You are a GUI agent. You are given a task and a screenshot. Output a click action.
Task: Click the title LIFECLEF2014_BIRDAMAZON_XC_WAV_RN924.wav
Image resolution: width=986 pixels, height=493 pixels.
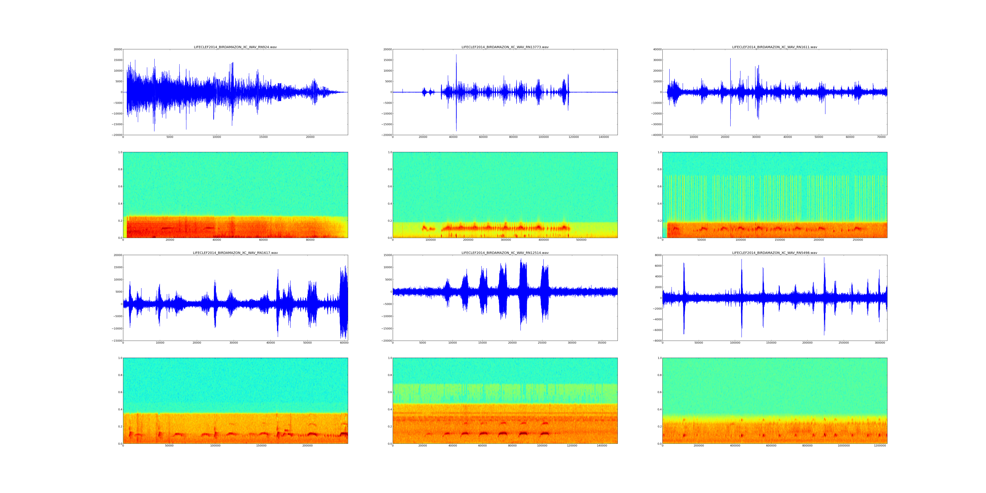235,47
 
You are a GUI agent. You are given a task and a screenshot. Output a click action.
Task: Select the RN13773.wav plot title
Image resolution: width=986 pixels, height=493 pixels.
505,47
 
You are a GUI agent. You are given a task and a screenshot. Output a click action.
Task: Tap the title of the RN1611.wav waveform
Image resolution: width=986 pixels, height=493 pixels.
774,47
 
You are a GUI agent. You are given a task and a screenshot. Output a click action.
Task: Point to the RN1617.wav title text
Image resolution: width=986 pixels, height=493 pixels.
235,253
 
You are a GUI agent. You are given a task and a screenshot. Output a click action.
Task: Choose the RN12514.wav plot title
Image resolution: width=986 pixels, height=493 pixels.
505,253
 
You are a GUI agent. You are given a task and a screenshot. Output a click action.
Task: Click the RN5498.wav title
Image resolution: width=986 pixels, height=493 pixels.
774,253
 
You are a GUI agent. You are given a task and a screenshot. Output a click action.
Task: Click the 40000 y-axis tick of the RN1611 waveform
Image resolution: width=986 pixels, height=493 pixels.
657,49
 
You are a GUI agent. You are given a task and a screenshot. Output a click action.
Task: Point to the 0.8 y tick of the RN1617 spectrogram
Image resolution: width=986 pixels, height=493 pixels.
120,375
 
